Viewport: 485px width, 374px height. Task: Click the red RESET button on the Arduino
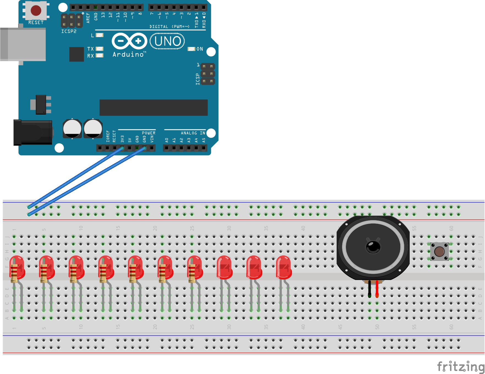(x=36, y=10)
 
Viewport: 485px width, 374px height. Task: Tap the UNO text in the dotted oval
(x=167, y=41)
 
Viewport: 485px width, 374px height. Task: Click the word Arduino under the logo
(x=128, y=54)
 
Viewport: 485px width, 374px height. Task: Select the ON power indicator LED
(x=191, y=49)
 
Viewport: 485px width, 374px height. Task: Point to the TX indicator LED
(x=100, y=49)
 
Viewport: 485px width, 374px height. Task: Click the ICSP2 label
(x=69, y=31)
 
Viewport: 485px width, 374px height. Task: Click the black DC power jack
(x=33, y=132)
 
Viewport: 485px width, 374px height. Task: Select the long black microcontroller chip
(x=153, y=108)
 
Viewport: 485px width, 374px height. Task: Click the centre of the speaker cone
(x=373, y=247)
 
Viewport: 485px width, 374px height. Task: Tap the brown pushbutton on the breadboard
(x=439, y=251)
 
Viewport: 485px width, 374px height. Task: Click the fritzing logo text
(x=461, y=366)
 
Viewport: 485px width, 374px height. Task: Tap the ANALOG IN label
(x=193, y=133)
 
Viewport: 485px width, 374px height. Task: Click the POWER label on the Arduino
(x=148, y=133)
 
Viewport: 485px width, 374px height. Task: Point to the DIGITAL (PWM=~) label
(x=169, y=27)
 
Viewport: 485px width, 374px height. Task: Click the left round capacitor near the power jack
(x=72, y=128)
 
